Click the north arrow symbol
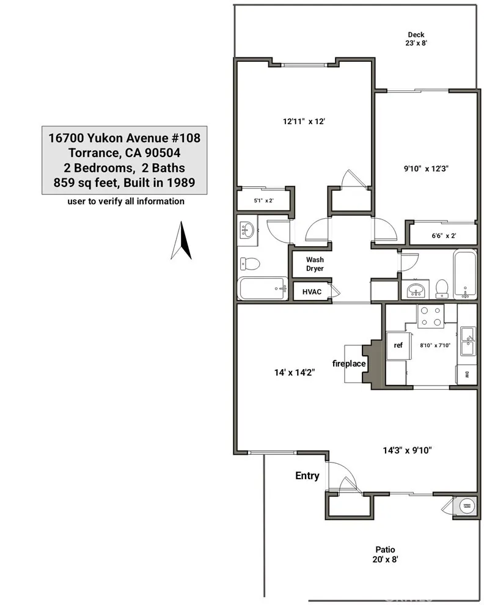181,241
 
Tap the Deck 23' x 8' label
416,39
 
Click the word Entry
307,475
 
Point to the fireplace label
349,364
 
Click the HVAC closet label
312,291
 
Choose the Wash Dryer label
315,264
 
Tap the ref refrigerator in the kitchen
398,345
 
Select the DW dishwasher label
466,374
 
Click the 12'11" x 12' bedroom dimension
303,121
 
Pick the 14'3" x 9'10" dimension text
407,450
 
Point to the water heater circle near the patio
468,505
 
